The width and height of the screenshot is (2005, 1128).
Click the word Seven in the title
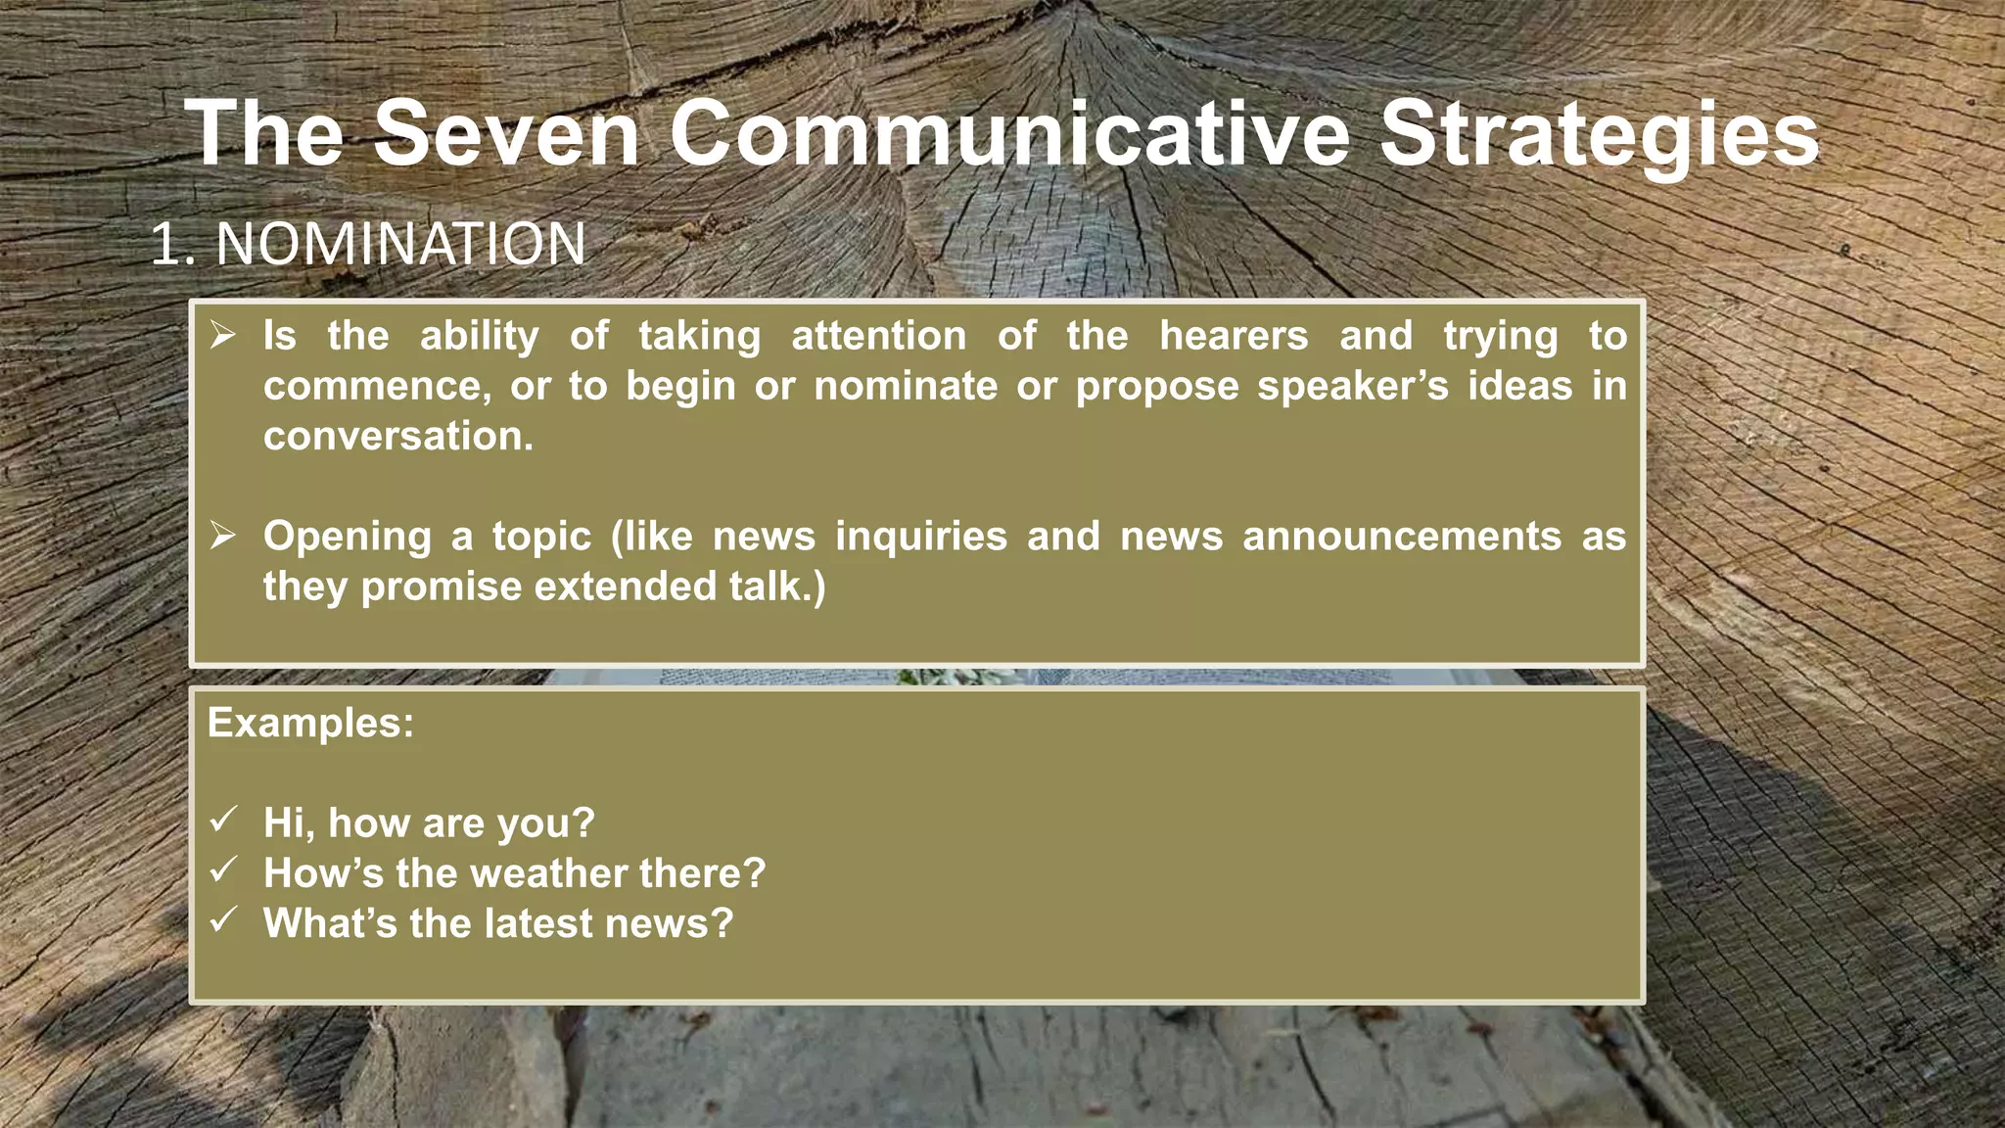[506, 134]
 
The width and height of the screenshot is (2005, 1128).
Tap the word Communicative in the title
[1009, 134]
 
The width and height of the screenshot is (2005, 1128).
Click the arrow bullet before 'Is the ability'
[223, 336]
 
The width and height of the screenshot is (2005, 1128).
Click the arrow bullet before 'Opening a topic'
[223, 536]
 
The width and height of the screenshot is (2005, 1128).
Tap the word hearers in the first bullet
[1234, 336]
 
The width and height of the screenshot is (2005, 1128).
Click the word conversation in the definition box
[397, 436]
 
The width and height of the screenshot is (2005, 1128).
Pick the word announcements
[1402, 537]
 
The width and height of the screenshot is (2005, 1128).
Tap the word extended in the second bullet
[625, 587]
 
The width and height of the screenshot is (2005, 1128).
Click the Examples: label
[310, 723]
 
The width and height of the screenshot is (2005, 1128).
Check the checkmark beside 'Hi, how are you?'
[224, 819]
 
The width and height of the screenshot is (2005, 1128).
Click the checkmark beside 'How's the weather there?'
[224, 869]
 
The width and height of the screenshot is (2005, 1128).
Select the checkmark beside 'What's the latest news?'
[224, 918]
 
